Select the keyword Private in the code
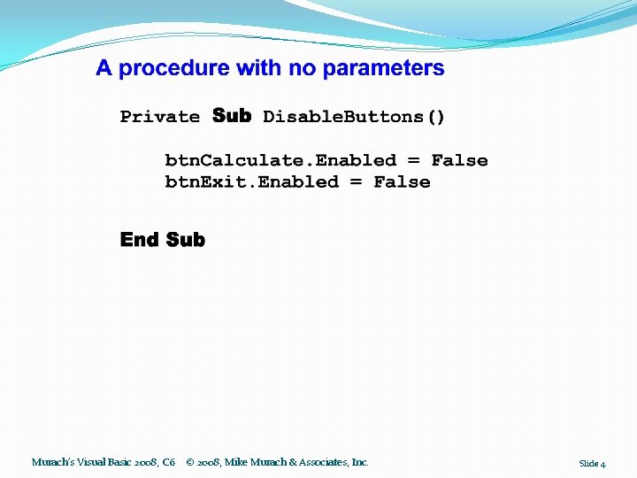(160, 117)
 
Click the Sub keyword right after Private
(232, 116)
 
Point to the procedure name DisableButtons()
(354, 117)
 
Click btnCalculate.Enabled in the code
(280, 160)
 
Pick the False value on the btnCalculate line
(459, 160)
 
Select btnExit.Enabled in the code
(251, 182)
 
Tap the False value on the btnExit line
(402, 182)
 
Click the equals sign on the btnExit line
(356, 182)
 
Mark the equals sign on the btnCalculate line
(413, 160)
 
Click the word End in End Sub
(139, 240)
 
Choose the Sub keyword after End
(185, 240)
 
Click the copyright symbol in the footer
(191, 462)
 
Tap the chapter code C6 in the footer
(168, 462)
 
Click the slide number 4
(603, 464)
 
